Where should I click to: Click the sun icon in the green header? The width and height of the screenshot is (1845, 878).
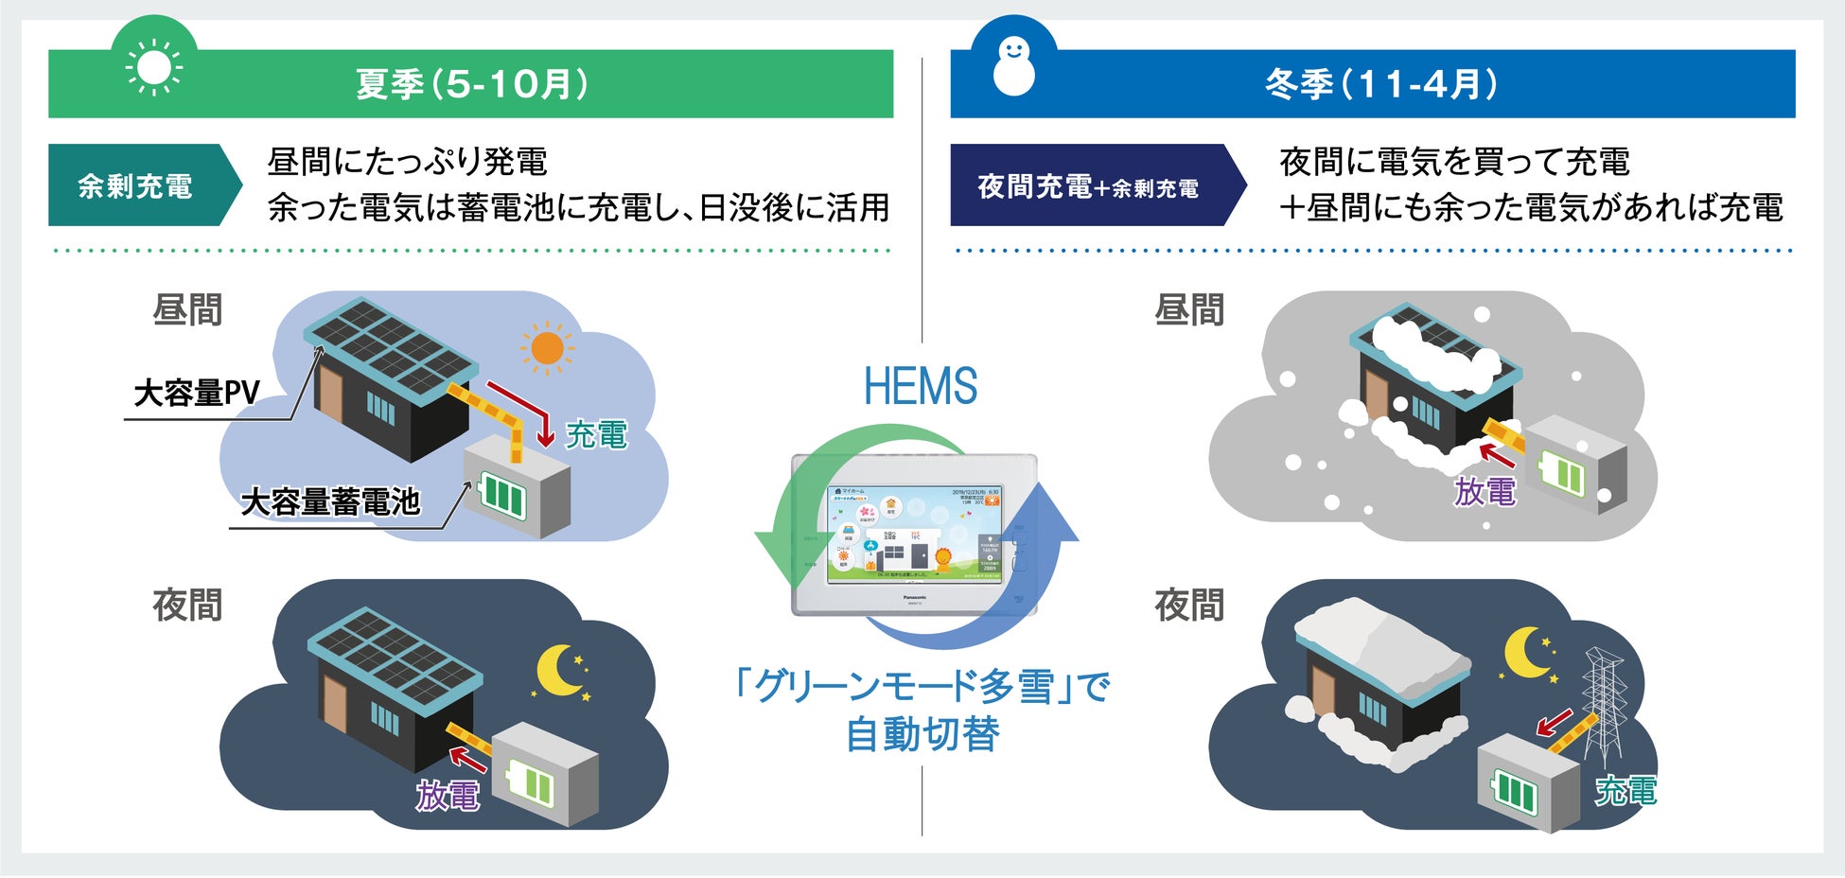154,68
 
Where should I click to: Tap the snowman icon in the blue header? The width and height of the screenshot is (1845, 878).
1013,66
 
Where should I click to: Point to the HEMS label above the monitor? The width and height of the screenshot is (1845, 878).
921,386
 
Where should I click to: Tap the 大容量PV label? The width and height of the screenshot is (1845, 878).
197,393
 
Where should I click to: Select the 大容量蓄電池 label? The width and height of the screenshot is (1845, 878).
330,501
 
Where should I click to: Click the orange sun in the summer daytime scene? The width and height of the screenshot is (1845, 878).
547,348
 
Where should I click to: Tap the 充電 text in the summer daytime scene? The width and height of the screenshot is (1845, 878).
596,434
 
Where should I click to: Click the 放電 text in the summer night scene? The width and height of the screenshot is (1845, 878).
448,796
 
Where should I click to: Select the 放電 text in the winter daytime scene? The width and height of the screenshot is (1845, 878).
1485,492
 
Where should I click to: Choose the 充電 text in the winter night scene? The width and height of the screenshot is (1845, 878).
1625,790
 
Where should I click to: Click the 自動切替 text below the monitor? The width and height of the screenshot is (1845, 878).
922,735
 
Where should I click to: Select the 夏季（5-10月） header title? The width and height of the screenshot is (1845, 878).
471,84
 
